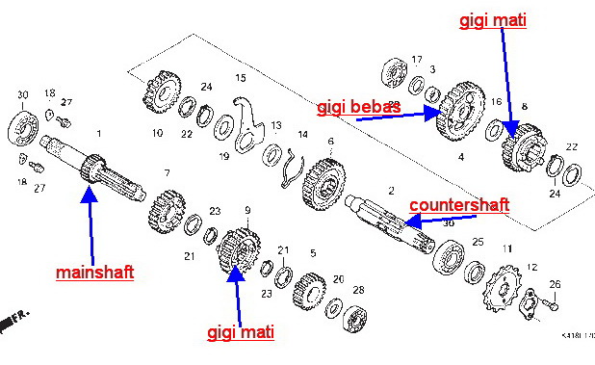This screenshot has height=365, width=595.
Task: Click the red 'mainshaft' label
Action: [x=94, y=273]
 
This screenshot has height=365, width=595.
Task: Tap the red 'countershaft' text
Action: [x=458, y=205]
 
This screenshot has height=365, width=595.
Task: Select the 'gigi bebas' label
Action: [x=358, y=106]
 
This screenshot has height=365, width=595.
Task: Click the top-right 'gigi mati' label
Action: [x=492, y=19]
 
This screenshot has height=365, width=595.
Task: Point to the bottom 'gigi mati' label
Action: [x=241, y=332]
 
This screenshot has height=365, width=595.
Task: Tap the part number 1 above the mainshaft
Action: [x=97, y=133]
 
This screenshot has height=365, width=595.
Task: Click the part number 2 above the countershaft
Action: [x=391, y=192]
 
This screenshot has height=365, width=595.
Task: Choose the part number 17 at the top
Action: [x=417, y=60]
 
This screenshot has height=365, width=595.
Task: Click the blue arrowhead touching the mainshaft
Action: [x=89, y=194]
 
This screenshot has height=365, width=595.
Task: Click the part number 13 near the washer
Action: [x=275, y=126]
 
